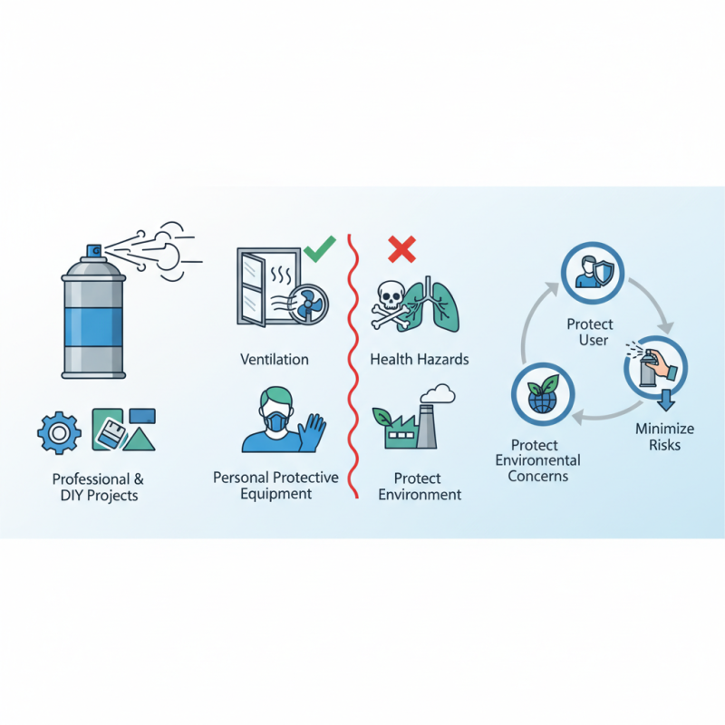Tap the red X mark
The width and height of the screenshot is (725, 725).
point(401,248)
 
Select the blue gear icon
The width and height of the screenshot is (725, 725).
point(59,433)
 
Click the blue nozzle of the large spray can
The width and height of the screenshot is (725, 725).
point(94,251)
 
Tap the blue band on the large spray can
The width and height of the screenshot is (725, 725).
point(94,327)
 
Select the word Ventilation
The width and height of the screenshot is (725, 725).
point(275,359)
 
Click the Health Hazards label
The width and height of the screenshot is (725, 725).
point(420,359)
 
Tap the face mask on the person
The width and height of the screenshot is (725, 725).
point(276,421)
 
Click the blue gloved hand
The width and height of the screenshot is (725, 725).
point(312,433)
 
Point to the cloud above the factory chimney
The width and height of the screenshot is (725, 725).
point(438,394)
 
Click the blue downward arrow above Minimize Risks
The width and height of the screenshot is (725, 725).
point(666,400)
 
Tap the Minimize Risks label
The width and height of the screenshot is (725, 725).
point(664,437)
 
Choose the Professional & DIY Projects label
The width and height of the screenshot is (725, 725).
point(99,487)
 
